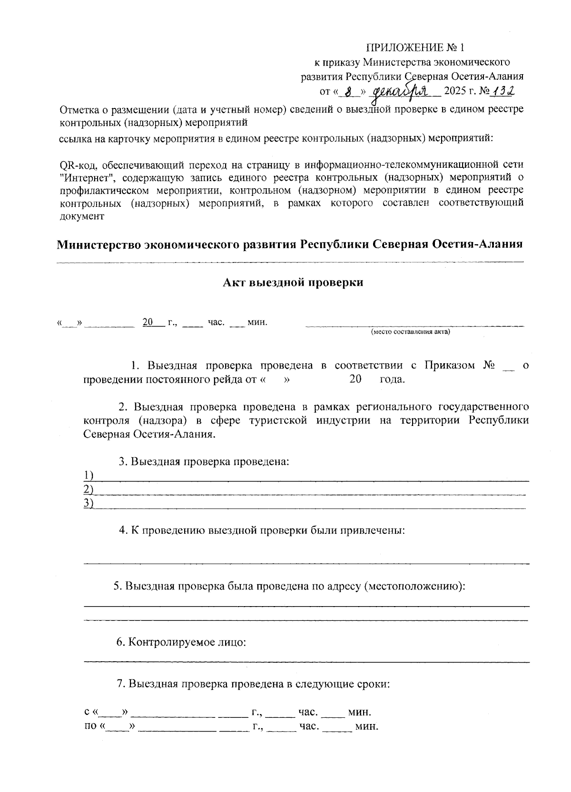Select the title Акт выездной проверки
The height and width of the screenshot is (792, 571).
pyautogui.click(x=293, y=282)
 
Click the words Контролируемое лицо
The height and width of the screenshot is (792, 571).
pyautogui.click(x=187, y=642)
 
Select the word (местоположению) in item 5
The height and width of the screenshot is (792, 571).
pyautogui.click(x=413, y=586)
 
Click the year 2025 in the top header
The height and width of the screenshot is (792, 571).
pyautogui.click(x=455, y=91)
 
